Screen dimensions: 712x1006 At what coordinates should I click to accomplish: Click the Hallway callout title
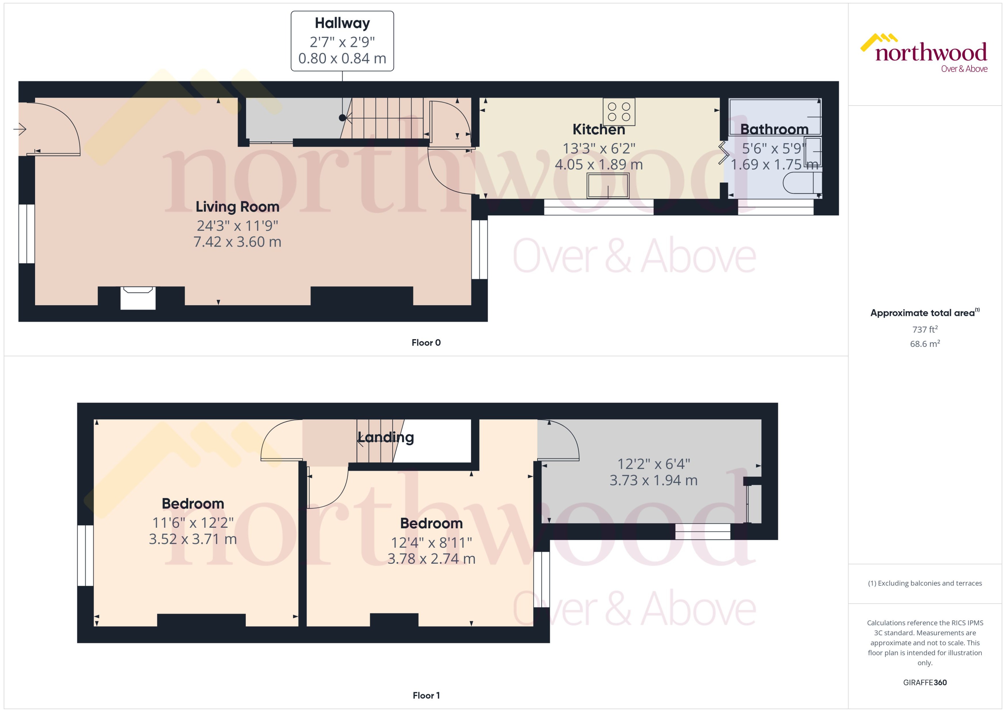(x=342, y=23)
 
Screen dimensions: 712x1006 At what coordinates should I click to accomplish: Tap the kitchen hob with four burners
(x=619, y=112)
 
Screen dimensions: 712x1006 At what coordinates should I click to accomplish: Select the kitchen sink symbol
(x=608, y=185)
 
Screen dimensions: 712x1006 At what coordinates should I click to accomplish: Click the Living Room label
(x=237, y=206)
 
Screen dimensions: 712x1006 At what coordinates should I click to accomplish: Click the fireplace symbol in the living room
(x=138, y=298)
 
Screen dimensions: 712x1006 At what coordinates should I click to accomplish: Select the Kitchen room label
(x=598, y=129)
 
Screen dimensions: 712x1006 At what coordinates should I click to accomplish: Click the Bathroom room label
(x=774, y=129)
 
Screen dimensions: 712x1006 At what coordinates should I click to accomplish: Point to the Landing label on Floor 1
(x=386, y=437)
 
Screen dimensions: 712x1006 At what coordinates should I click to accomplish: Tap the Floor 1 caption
(x=426, y=695)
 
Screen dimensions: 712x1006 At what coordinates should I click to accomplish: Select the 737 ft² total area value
(x=924, y=329)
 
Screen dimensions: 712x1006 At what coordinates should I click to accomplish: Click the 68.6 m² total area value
(x=924, y=344)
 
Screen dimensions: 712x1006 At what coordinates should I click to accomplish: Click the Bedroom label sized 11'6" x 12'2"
(x=193, y=503)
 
